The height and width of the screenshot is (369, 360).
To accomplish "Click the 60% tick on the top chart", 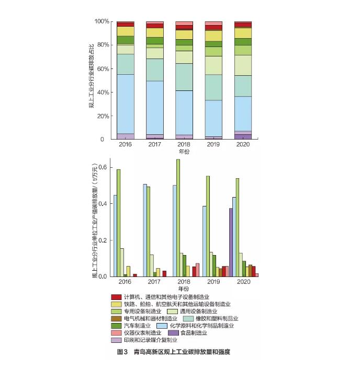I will [x=103, y=68].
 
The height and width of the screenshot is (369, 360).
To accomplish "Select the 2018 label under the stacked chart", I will [x=183, y=144].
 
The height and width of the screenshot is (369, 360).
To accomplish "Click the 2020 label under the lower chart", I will [x=242, y=282].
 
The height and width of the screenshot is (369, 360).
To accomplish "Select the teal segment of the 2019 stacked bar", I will [x=213, y=87].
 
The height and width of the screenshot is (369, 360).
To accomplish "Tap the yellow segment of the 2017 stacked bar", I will [x=155, y=32].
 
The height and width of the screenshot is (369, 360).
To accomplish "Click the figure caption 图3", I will [x=122, y=352].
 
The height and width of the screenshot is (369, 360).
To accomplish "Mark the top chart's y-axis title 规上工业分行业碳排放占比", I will [x=92, y=79].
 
